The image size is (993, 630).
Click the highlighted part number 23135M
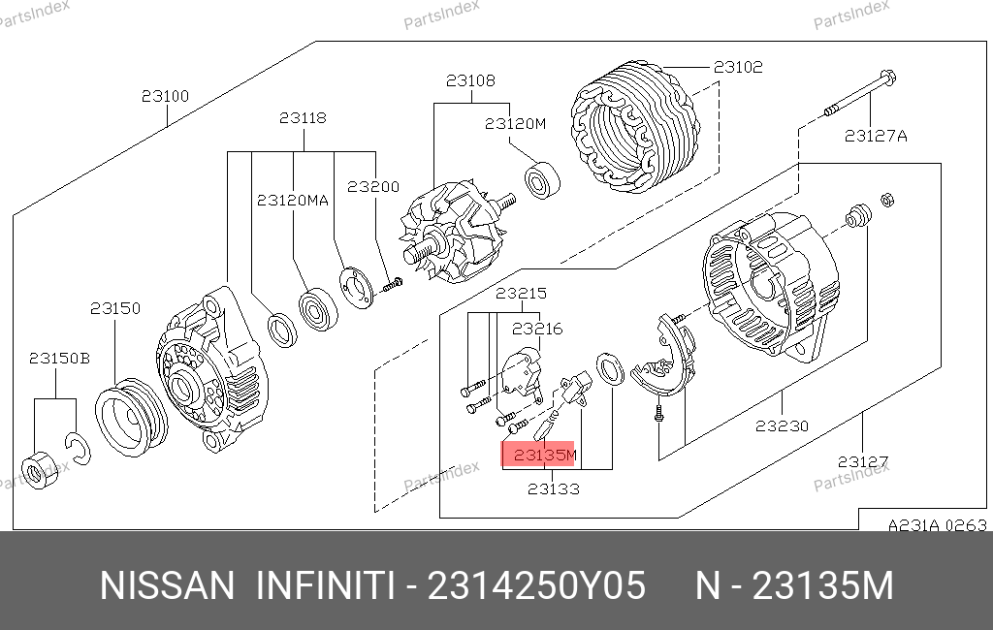coord(545,455)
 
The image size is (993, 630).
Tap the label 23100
coord(165,96)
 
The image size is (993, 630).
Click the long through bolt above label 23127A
coord(860,94)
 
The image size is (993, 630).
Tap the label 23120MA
coord(293,201)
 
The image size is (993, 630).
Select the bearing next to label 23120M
coord(542,180)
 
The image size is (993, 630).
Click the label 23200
coord(373,187)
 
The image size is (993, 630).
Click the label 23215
coord(521,293)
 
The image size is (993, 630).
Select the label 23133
coord(554,488)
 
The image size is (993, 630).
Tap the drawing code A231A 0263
coord(938,525)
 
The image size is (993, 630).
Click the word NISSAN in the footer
coord(167,585)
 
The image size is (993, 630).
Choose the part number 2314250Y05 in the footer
coord(537,585)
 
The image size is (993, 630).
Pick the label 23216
coord(537,329)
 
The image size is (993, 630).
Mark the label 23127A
coord(876,136)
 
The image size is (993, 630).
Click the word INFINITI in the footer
coord(327,585)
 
